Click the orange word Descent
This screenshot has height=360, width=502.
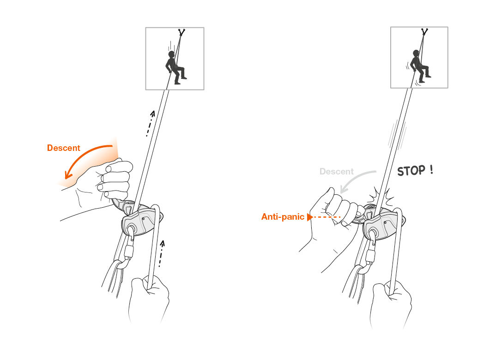click(63, 148)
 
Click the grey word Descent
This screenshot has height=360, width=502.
click(336, 172)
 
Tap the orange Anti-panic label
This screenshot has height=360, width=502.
click(283, 216)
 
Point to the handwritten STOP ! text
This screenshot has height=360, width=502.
click(415, 171)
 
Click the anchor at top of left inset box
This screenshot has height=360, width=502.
click(181, 33)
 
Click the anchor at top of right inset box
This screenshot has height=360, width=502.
click(423, 32)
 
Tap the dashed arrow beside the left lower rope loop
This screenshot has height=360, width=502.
click(161, 253)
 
